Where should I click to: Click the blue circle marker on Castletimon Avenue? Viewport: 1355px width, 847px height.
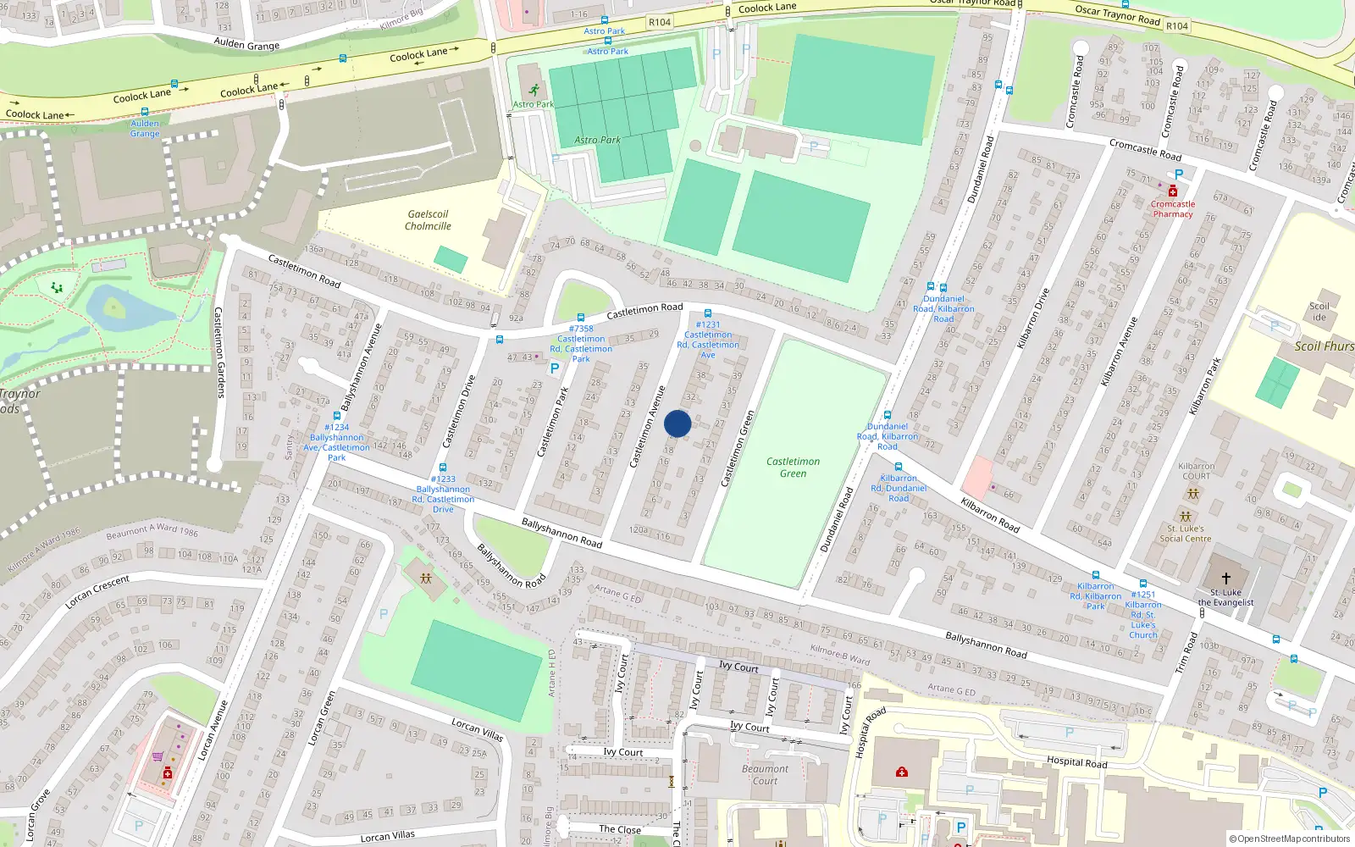677,423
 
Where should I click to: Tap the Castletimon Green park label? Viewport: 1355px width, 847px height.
793,468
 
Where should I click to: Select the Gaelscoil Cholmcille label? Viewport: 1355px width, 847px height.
428,220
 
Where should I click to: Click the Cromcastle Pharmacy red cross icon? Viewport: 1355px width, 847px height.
1173,191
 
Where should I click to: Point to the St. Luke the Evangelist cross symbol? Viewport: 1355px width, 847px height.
1225,578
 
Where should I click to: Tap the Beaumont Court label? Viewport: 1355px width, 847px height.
765,775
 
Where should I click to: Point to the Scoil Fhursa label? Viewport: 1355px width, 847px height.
1325,346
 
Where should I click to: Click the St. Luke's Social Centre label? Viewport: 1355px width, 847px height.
1186,534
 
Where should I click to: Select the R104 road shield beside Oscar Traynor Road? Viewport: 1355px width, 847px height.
1177,26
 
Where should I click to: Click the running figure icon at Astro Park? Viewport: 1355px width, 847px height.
534,90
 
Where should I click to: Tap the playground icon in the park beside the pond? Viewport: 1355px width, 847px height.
57,288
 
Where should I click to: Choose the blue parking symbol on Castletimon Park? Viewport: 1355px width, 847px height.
555,368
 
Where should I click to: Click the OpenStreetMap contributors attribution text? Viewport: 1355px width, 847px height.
1290,839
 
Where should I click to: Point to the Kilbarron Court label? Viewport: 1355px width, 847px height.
1196,471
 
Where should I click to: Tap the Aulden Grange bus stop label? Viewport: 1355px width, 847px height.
145,129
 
